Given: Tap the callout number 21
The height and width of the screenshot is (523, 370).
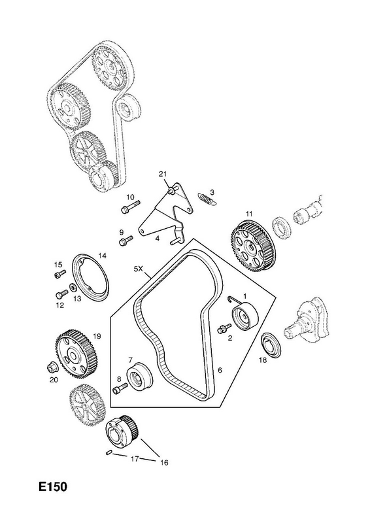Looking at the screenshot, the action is point(163,174).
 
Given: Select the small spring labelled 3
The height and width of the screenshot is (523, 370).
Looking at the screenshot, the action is point(207,199).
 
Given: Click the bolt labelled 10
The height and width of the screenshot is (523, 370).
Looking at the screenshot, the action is point(130,206).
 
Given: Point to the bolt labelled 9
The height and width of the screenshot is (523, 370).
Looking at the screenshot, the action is point(126,241).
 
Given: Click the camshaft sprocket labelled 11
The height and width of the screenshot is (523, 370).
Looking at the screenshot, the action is point(254,248).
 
